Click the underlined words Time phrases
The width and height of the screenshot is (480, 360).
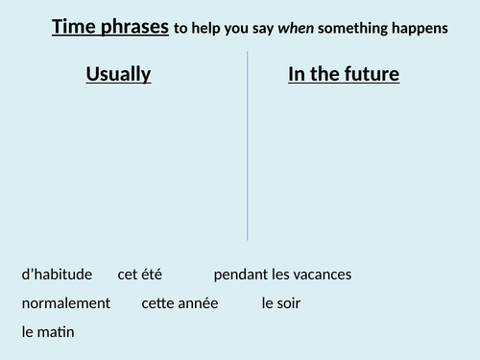coord(109,27)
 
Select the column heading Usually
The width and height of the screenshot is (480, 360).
coord(118,74)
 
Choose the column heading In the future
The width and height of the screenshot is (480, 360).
coord(344,74)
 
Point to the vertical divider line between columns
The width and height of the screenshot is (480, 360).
coord(248,144)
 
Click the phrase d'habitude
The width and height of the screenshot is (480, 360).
coord(57,275)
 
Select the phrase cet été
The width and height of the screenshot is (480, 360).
coord(140,275)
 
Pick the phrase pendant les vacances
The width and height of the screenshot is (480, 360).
coord(282,275)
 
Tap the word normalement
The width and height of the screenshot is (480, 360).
coord(65,303)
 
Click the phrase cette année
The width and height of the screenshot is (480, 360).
coord(180,303)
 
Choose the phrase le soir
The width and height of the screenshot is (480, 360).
coord(280,303)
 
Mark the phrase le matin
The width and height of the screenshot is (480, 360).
coord(48,332)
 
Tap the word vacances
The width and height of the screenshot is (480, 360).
coord(322,275)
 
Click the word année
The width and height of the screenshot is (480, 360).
coord(199,303)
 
